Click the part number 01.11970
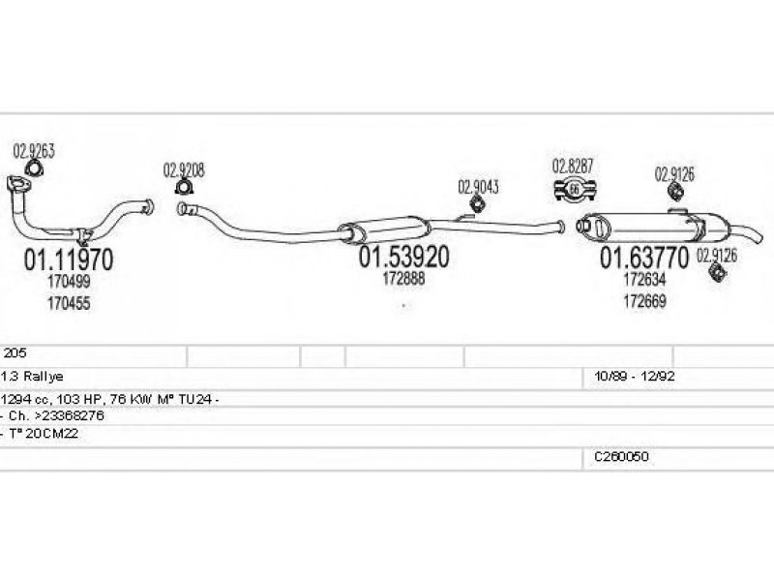(67, 260)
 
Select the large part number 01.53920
(404, 258)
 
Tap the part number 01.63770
(644, 258)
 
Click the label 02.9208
(184, 170)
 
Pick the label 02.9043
(478, 187)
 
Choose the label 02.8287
(572, 164)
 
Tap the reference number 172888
(403, 279)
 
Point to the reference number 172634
(643, 279)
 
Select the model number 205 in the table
(15, 353)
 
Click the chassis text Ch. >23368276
(53, 414)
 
